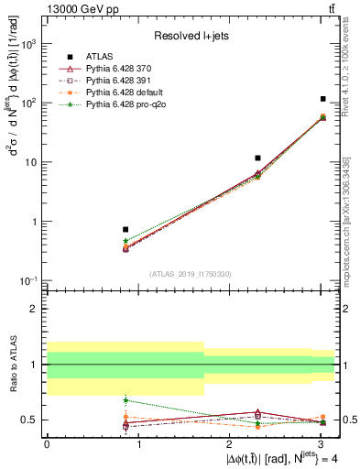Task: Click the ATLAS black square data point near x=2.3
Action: point(258,158)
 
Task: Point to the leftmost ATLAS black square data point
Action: point(125,229)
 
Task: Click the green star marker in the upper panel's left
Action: point(125,241)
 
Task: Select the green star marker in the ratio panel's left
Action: point(125,399)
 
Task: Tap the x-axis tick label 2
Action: point(229,444)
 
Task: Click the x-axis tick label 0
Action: point(46,444)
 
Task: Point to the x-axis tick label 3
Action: point(321,444)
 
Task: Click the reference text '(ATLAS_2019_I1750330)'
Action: point(191,274)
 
